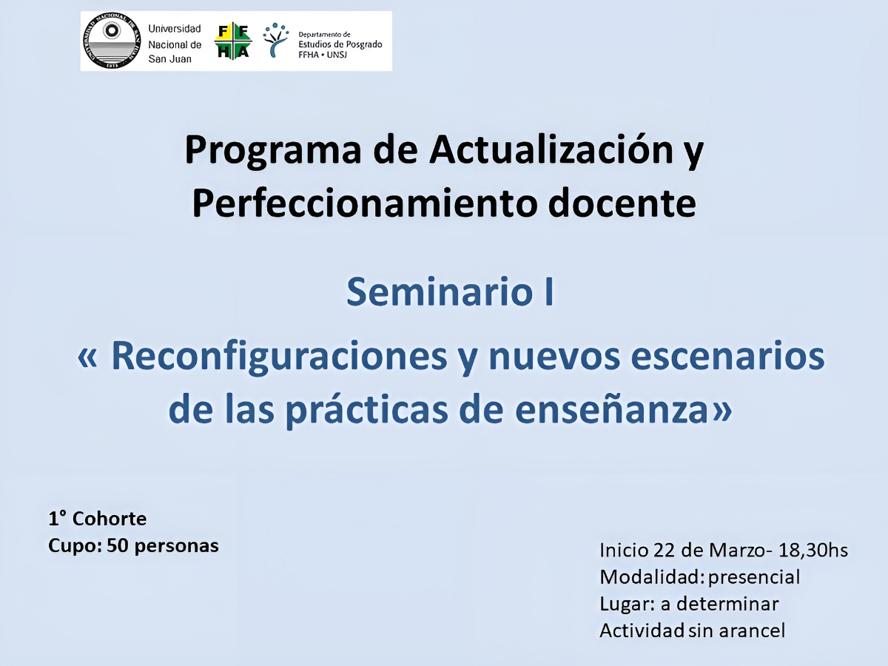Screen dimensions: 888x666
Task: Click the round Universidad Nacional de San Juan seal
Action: (112, 41)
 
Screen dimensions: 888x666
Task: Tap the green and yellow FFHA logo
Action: (233, 41)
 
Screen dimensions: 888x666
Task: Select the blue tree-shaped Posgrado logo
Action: (276, 40)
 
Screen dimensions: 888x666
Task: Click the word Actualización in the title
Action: (551, 149)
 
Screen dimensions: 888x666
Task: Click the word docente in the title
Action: (622, 203)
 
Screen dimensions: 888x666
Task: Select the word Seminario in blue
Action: (440, 292)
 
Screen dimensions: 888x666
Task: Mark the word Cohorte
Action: (110, 519)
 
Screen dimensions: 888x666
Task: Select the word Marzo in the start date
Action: (737, 550)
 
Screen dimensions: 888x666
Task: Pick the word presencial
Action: (754, 577)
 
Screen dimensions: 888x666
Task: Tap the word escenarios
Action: (727, 356)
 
